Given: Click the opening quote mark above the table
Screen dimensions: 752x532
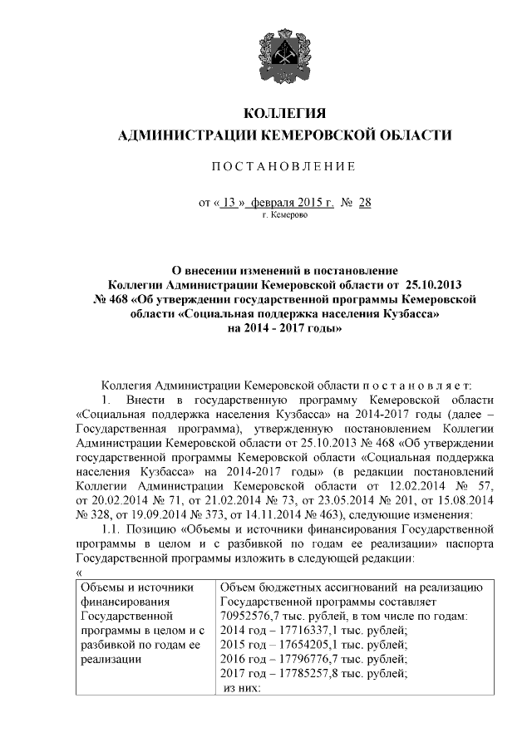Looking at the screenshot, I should point(78,572).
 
